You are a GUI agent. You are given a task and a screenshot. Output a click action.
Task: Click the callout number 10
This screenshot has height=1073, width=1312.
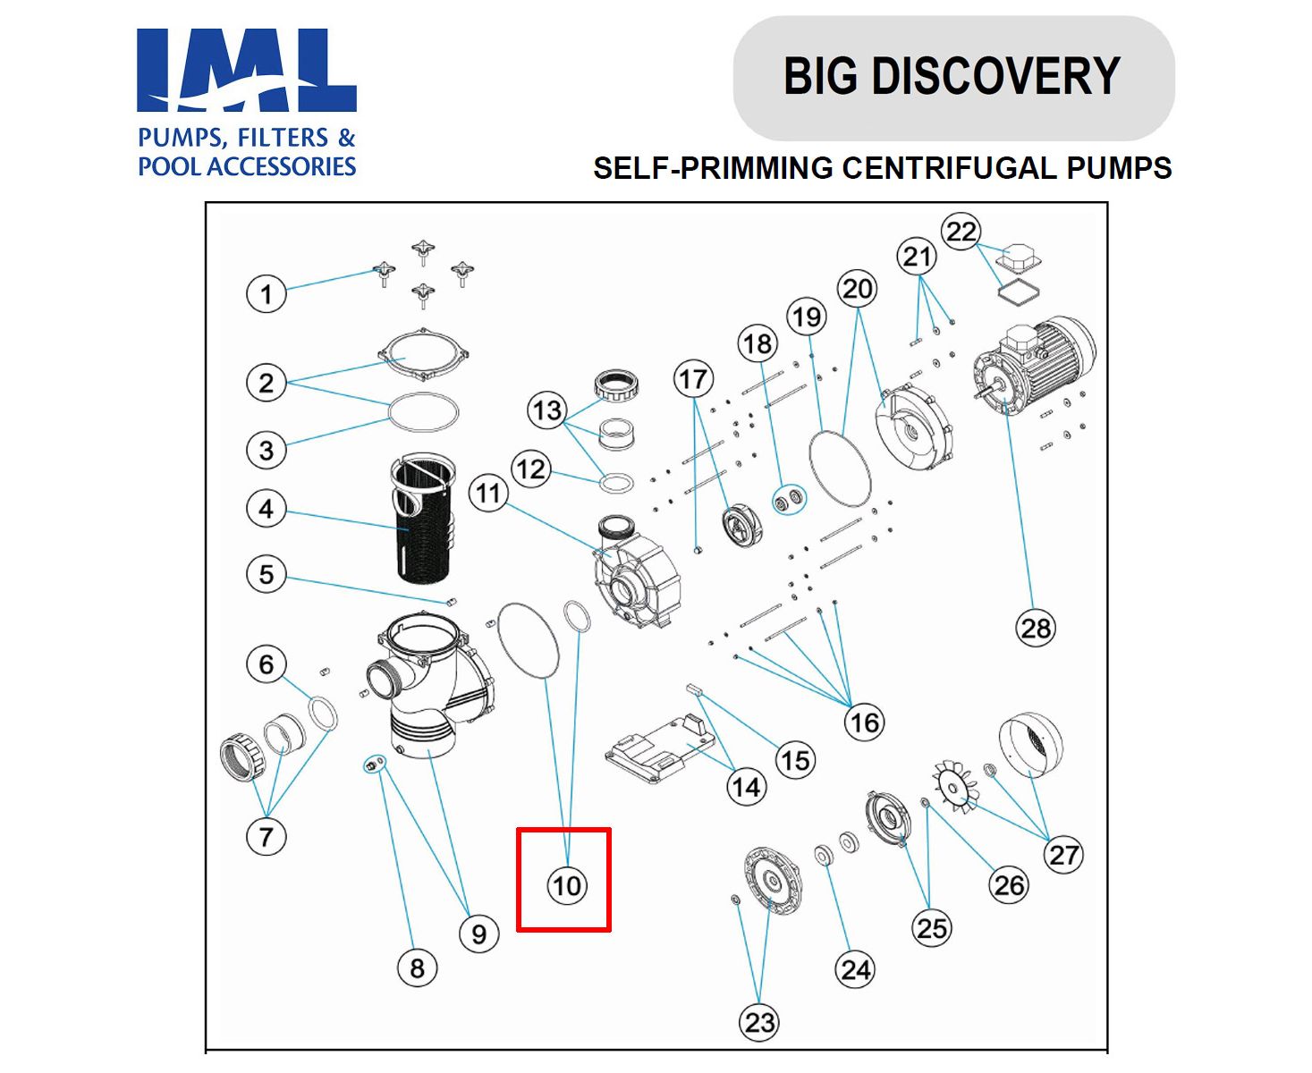pos(566,885)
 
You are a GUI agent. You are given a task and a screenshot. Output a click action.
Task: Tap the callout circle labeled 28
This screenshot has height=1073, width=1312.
pos(1036,628)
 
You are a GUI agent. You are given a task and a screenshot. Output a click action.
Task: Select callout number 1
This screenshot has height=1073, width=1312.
pos(266,293)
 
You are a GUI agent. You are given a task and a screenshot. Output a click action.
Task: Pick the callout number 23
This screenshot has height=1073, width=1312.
pos(759,1022)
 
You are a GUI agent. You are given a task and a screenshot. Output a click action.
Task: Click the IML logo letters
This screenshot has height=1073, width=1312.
pos(247,70)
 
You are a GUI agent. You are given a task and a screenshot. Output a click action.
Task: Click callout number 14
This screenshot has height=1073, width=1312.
pos(746,787)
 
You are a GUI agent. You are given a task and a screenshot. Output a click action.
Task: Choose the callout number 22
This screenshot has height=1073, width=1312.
pos(961,232)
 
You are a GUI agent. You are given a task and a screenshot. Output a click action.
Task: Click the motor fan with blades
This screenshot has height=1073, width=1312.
pos(956,787)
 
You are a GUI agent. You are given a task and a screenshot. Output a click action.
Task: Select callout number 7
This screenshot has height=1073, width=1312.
pos(266,837)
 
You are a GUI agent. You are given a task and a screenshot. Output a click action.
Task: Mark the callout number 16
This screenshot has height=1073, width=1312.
pos(864,722)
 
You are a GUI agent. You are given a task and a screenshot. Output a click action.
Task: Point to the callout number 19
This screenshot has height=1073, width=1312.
pos(807,317)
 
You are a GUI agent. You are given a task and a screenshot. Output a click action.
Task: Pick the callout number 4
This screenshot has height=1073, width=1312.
pos(266,509)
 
